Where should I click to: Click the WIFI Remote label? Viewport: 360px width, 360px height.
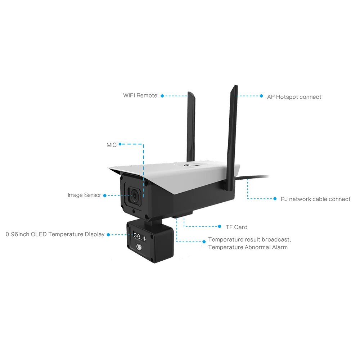coord(140,95)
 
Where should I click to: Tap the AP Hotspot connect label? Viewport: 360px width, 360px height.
coord(294,97)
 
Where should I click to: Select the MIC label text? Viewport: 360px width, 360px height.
coord(112,145)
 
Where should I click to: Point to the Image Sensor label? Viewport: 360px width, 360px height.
coord(85,195)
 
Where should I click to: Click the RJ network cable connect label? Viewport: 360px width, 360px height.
coord(315,199)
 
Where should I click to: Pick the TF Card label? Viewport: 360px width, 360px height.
coord(236,227)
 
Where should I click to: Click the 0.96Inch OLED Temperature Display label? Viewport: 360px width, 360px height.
coord(55,234)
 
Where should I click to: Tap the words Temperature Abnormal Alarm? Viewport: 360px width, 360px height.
coord(248,247)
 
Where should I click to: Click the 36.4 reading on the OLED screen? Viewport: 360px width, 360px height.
coord(139,237)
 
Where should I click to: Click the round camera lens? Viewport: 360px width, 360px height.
coord(134,196)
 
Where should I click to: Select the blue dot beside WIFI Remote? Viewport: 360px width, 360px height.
coord(162,96)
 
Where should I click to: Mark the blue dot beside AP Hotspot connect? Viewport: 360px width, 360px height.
coord(261,96)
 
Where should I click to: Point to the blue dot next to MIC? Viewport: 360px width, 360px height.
coord(120,144)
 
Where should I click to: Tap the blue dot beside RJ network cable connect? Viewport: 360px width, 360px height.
coord(275,198)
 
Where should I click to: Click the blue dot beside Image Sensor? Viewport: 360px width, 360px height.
coord(105,195)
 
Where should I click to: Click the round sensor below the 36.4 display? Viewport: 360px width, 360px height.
coord(139,247)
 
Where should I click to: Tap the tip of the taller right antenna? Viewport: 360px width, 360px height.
coord(235,87)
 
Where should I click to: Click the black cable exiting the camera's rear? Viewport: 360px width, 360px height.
coord(256,177)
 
